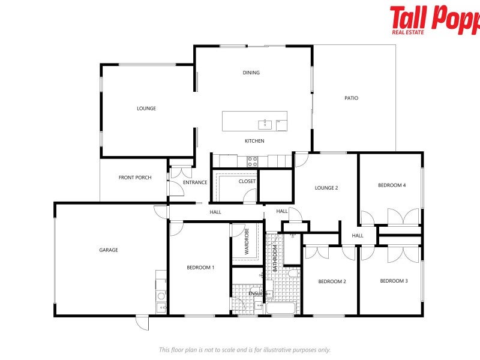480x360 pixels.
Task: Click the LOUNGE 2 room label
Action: point(326,188)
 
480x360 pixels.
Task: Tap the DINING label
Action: point(251,73)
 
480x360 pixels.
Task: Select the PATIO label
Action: point(351,98)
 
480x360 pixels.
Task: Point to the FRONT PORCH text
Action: point(135,178)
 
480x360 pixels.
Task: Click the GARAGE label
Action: point(109,250)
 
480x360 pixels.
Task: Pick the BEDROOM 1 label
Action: point(200,268)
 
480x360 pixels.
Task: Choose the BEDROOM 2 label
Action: point(332,281)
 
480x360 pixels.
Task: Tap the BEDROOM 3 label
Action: point(394,281)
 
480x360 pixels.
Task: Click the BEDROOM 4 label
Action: point(392,185)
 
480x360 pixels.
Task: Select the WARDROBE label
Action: point(247,241)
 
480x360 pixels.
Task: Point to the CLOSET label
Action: point(247,181)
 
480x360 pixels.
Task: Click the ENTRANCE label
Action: point(195,182)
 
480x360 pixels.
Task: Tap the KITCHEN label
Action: point(254,141)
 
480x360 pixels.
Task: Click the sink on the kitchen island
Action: point(265,124)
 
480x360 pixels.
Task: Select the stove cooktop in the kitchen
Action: point(253,161)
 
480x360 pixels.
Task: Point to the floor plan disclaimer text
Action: point(244,350)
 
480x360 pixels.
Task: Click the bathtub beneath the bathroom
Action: point(280,310)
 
